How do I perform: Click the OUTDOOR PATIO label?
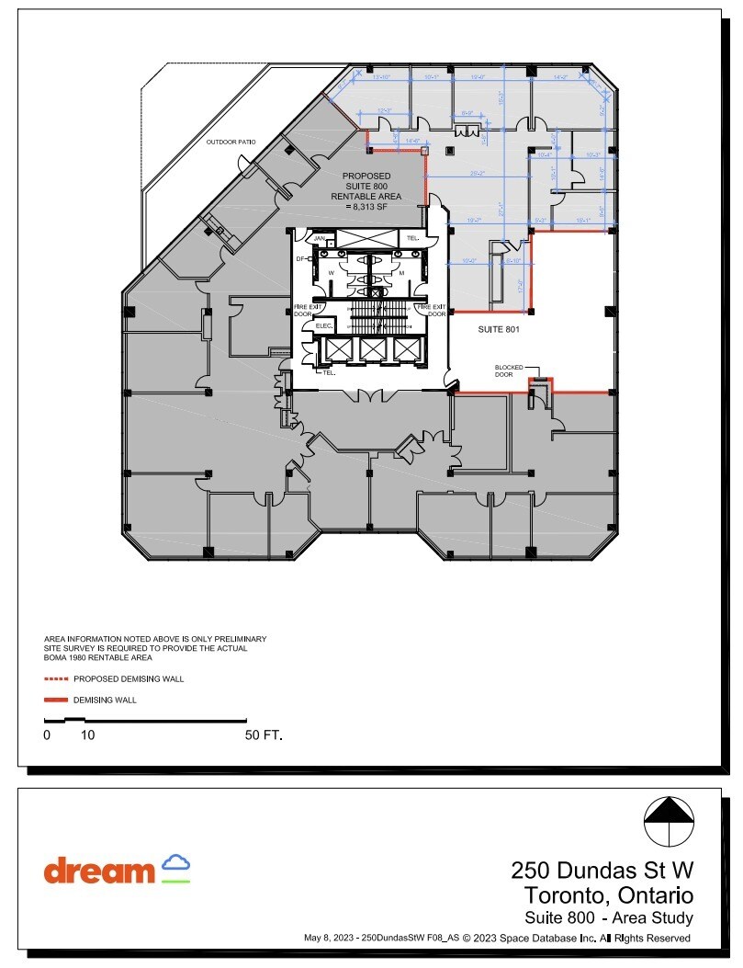[x=231, y=142]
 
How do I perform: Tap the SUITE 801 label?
[x=500, y=328]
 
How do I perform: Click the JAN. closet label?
[x=320, y=238]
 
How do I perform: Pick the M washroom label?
[x=401, y=272]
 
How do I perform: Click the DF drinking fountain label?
[x=299, y=259]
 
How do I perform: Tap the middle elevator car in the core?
[x=372, y=349]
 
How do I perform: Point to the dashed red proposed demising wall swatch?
[x=56, y=679]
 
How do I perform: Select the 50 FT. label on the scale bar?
[x=263, y=735]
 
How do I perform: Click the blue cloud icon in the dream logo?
[x=175, y=864]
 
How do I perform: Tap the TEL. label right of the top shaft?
[x=413, y=238]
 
